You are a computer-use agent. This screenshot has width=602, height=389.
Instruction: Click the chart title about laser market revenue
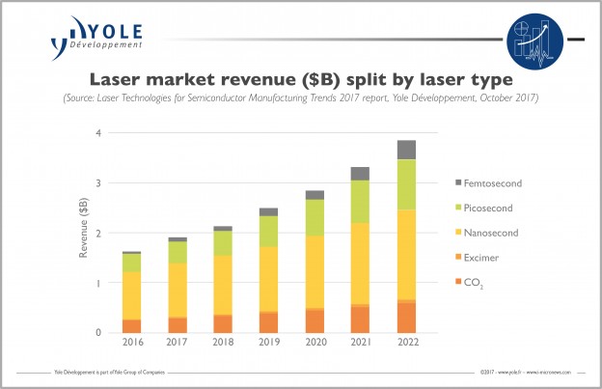tap(301, 78)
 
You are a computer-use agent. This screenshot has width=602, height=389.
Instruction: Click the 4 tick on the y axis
tap(98, 132)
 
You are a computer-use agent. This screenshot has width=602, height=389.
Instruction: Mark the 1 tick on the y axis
tap(98, 283)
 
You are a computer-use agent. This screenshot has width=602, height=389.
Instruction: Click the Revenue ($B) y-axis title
tap(83, 233)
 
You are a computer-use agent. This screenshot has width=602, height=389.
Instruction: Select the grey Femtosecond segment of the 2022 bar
tap(406, 150)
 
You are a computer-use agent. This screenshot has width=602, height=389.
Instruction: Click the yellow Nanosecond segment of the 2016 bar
tap(131, 295)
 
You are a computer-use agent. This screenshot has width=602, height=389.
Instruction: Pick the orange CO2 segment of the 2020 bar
tap(315, 320)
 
